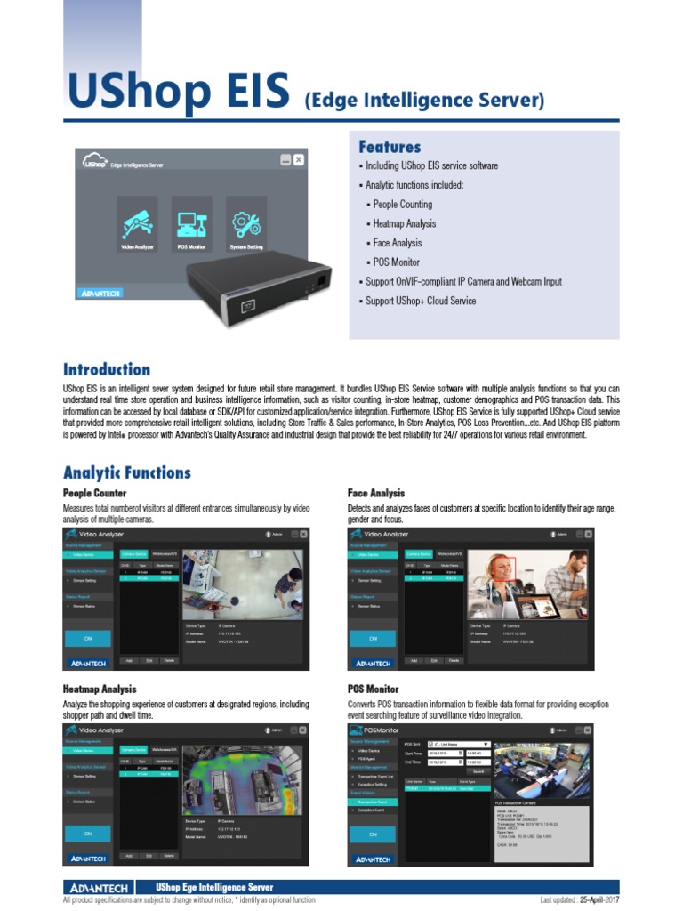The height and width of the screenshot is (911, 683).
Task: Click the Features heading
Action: coord(390,147)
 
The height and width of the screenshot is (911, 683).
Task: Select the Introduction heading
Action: coord(107,369)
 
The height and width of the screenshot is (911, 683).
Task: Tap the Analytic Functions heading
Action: coord(126,472)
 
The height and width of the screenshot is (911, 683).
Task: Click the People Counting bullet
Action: coord(402,205)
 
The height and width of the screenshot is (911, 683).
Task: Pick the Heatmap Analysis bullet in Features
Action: coord(405,223)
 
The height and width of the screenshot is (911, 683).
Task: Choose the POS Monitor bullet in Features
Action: coord(396,262)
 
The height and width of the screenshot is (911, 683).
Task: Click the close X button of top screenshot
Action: coord(299,160)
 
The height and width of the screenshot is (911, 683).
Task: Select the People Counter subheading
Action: coord(94,493)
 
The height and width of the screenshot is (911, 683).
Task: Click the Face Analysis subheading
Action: coord(376,493)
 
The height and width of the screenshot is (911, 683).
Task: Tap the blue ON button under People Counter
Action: coord(88,638)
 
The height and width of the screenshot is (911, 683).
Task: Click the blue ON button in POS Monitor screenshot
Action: coord(373,834)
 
